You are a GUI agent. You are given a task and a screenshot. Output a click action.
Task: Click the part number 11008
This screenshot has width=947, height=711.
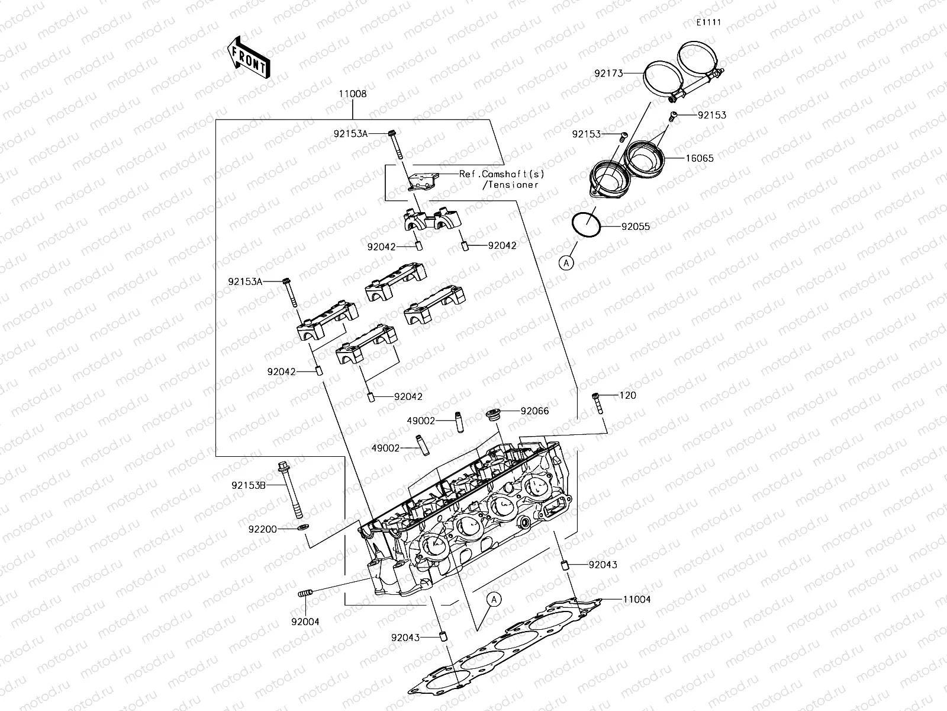point(353,94)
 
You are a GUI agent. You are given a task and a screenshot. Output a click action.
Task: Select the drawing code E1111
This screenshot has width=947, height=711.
point(708,23)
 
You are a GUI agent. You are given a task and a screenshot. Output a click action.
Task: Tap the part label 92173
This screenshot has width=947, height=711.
point(609,74)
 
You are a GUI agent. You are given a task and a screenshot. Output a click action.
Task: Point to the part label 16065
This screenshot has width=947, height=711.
point(700,158)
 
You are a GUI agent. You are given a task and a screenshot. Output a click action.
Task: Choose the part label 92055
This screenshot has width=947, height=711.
point(636,226)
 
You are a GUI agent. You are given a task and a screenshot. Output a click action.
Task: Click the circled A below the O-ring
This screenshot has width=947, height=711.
point(567,262)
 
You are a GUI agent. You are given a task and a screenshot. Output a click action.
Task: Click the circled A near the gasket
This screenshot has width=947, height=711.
point(495,600)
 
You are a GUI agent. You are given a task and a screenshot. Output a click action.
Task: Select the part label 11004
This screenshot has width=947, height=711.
point(636,599)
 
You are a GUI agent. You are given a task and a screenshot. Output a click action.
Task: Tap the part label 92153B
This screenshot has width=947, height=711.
point(249,485)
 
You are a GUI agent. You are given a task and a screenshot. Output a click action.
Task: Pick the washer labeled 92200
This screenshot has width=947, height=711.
point(302,527)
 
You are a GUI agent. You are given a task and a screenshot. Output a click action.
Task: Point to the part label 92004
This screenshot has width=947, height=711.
point(305,622)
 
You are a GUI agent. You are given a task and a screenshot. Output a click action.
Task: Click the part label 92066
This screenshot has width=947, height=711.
point(534,411)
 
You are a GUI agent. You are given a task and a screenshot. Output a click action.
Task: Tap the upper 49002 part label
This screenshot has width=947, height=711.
point(421,421)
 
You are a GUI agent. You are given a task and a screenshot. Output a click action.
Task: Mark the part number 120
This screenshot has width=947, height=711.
point(628,395)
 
